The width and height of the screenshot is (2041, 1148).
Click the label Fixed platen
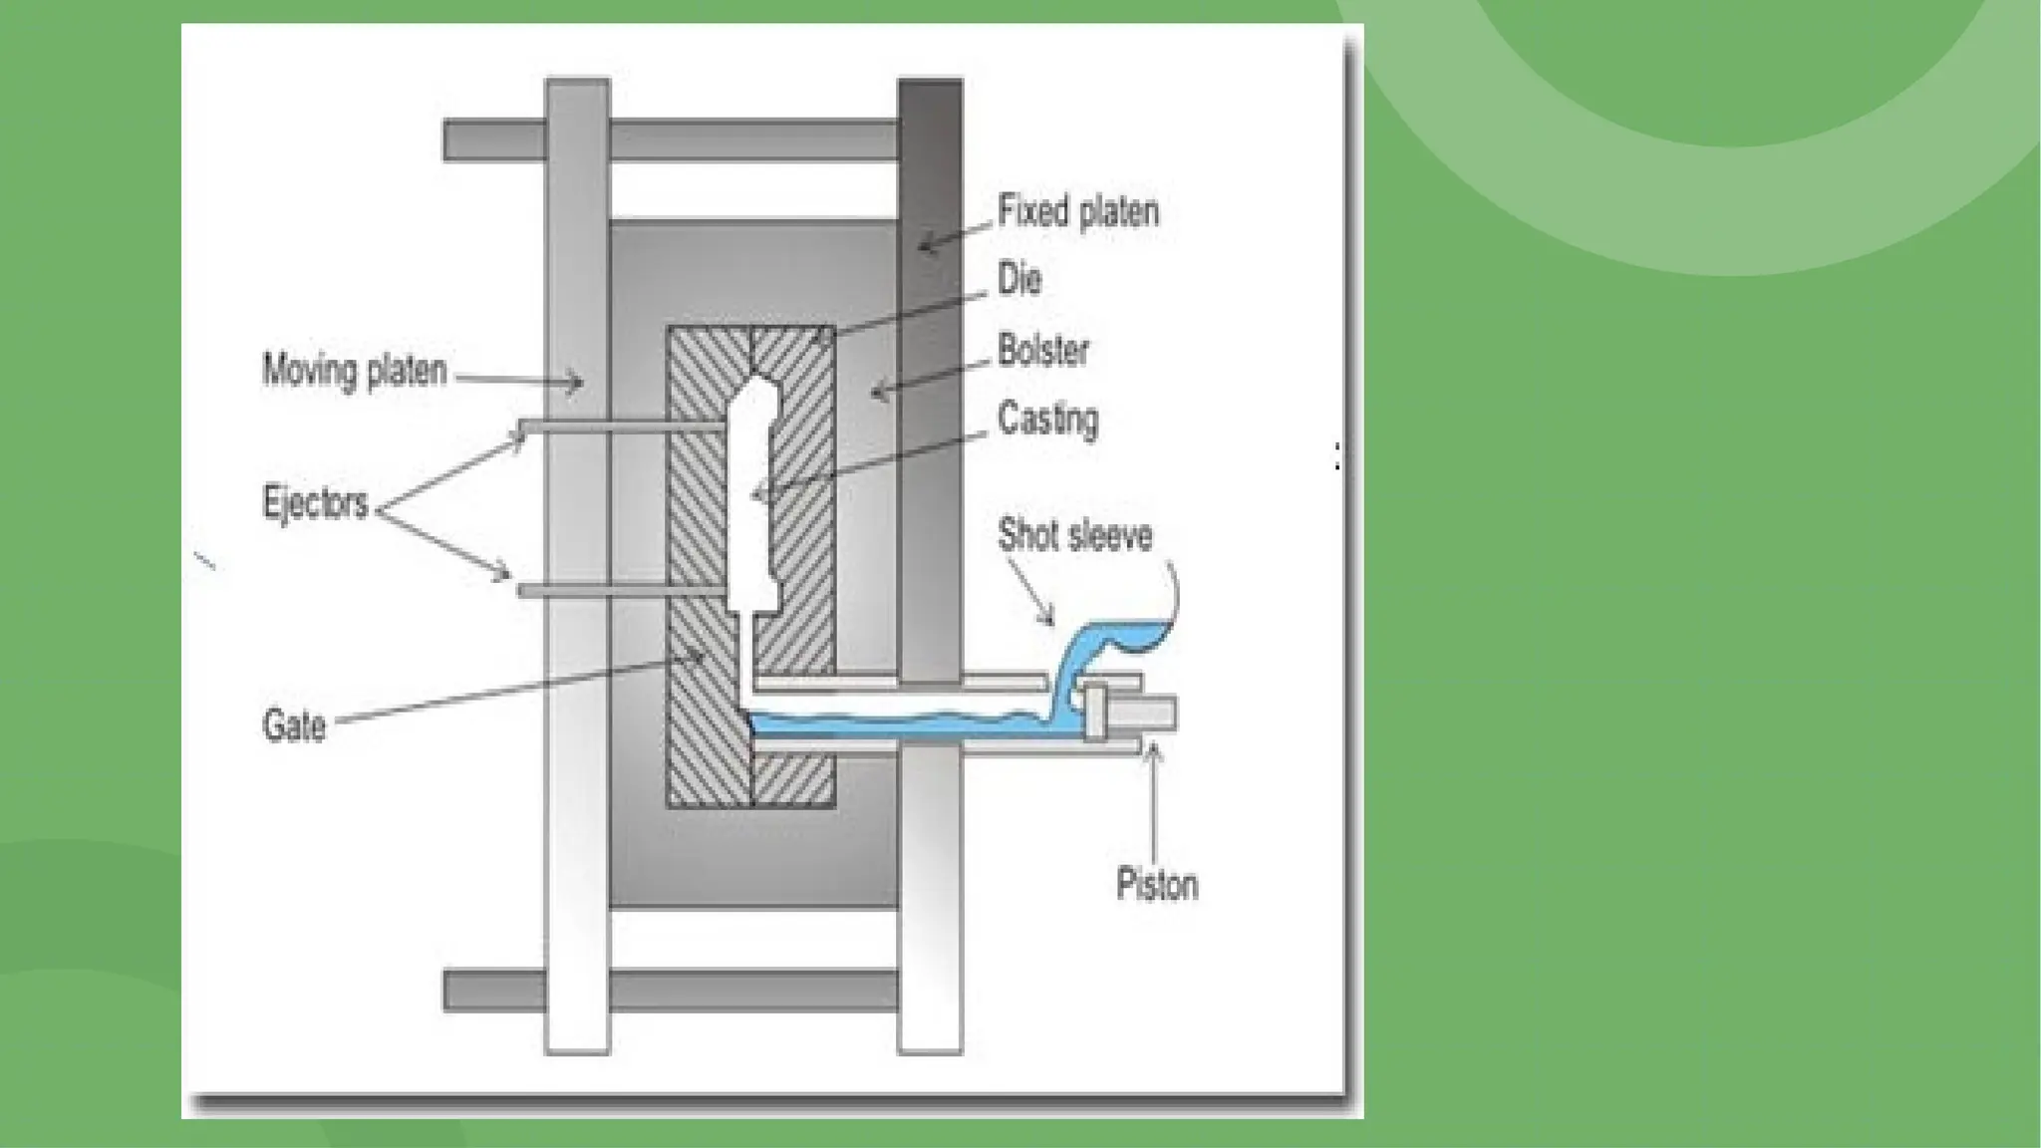(1078, 212)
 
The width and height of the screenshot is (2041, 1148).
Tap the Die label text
(1020, 280)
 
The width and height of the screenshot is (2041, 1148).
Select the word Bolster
(1043, 351)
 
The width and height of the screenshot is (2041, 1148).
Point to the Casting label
(1047, 420)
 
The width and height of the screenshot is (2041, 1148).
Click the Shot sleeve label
(1074, 535)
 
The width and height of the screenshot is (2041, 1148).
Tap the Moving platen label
(354, 371)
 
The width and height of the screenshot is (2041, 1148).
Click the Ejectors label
(315, 502)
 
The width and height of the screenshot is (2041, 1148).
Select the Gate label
(293, 725)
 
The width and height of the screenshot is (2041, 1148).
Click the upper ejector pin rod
(618, 427)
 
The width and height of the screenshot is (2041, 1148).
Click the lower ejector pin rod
(618, 591)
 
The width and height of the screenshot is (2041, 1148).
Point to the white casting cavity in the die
(751, 498)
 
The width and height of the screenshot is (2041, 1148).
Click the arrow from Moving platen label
(518, 379)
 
